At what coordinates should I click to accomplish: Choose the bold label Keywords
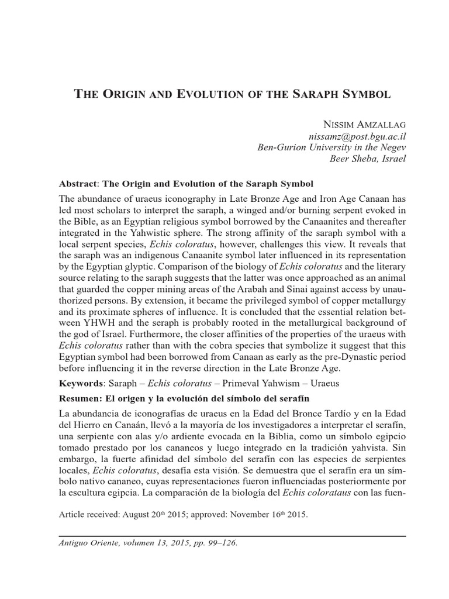click(81, 383)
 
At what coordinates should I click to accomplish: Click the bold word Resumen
click(82, 399)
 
